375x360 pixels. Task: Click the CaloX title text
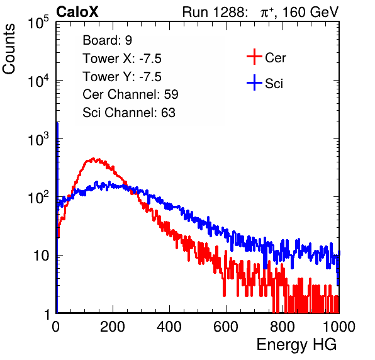coord(77,12)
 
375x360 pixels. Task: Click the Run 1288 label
coord(214,12)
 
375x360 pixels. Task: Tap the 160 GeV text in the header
coord(311,12)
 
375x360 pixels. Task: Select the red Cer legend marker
coord(254,57)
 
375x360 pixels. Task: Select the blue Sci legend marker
coord(254,83)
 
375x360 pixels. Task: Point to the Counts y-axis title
coord(9,49)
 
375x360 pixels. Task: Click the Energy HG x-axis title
coord(296,345)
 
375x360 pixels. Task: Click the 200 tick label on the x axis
coord(113,327)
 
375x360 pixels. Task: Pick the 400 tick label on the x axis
coord(169,327)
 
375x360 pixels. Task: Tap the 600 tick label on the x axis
coord(226,327)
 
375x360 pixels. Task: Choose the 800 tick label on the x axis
coord(283,327)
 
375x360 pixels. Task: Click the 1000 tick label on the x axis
coord(339,327)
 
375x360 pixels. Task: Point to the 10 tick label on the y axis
coord(42,256)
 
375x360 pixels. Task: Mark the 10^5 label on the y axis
coord(38,22)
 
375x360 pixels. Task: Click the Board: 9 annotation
coord(107,40)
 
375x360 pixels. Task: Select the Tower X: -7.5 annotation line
coord(122,59)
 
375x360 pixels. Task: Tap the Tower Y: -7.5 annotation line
coord(122,77)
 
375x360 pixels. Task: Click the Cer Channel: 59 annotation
coord(130,94)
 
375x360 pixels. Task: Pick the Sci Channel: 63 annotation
coord(129,113)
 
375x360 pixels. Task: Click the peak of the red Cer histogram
coord(93,158)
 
